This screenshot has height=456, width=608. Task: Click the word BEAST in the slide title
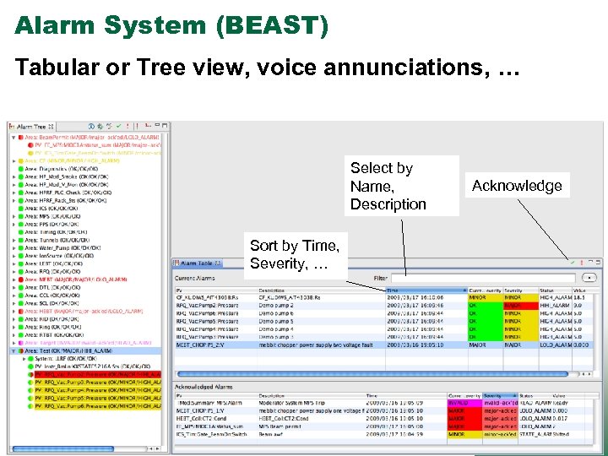[x=272, y=25]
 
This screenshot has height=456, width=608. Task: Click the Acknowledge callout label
[x=517, y=186]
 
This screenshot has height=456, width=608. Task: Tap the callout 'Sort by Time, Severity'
[x=295, y=254]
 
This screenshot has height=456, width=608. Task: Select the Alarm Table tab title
[x=202, y=263]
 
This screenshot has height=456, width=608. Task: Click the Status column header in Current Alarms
[x=548, y=290]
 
